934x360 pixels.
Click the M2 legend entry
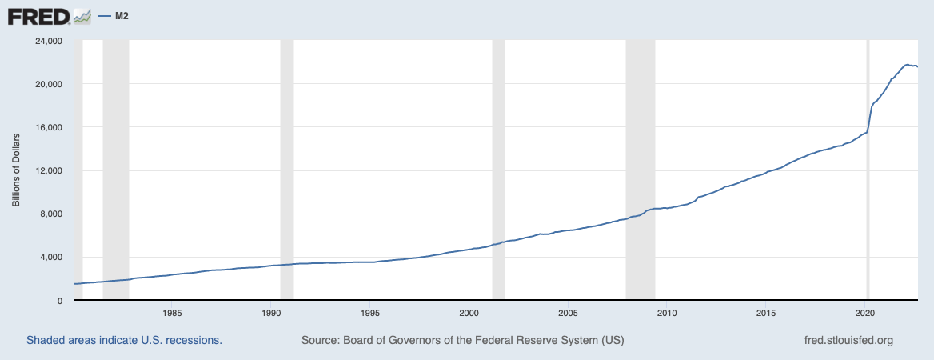(117, 16)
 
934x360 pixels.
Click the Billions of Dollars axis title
(16, 170)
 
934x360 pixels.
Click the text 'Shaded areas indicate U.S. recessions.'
(124, 340)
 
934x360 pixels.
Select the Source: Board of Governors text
(462, 340)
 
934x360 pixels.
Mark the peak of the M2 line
(907, 65)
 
